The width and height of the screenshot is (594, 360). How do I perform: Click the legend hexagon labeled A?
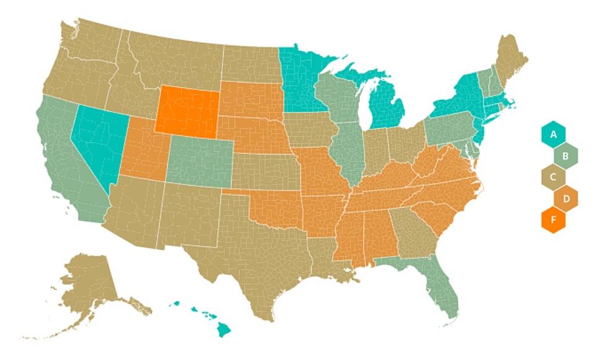(x=553, y=133)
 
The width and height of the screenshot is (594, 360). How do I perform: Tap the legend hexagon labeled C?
(x=553, y=177)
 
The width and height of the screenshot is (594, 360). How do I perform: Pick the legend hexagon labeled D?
(x=565, y=198)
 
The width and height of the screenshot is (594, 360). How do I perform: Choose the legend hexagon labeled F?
(x=553, y=220)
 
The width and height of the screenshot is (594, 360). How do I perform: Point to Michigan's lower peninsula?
(x=387, y=108)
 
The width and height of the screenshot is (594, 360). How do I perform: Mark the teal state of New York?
(x=458, y=99)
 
